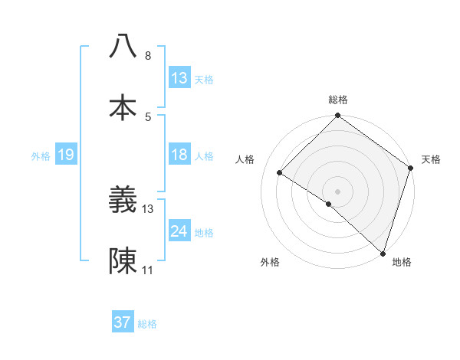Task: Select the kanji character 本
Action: [x=123, y=107]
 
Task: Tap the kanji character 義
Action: [x=123, y=201]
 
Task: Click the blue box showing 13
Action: [x=179, y=77]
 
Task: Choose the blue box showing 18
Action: [x=179, y=155]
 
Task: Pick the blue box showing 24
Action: [x=179, y=231]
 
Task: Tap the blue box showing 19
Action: [x=66, y=155]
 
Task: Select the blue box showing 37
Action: [x=123, y=322]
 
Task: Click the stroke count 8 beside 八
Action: [x=148, y=56]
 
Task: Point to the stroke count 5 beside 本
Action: [x=148, y=117]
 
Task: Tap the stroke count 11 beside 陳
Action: [x=148, y=271]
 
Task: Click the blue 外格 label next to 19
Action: [x=41, y=155]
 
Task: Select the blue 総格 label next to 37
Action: [x=147, y=324]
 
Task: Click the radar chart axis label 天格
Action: [x=431, y=159]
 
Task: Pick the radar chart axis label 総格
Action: [x=337, y=100]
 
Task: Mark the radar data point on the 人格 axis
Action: [x=280, y=173]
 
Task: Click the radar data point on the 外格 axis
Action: [x=328, y=204]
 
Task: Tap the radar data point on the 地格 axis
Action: [x=383, y=252]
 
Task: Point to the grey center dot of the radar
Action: [x=337, y=191]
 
